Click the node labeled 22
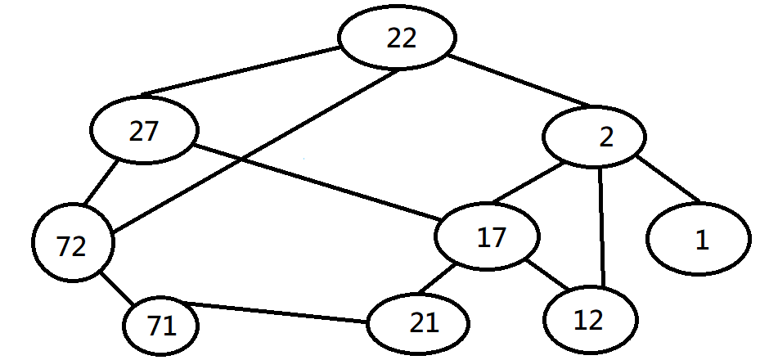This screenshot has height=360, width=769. (x=398, y=38)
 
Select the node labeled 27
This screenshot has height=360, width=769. (x=144, y=133)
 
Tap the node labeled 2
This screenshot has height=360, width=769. (x=595, y=137)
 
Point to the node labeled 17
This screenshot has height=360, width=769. (x=488, y=238)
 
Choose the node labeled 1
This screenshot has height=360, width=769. (x=698, y=239)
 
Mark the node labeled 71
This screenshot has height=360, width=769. (x=161, y=326)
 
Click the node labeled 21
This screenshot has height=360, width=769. (x=418, y=324)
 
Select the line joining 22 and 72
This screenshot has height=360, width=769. (x=254, y=151)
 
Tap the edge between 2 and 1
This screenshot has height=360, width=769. (x=668, y=178)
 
